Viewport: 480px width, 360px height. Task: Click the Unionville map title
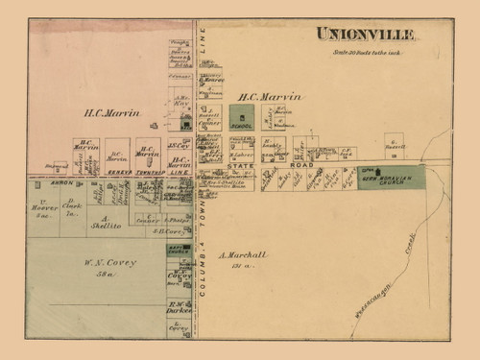click(366, 35)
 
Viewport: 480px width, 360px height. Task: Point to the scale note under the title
click(366, 51)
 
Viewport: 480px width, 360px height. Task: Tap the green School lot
click(242, 118)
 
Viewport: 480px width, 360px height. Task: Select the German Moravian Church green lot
click(390, 177)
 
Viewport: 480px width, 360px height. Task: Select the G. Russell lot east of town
click(395, 147)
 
